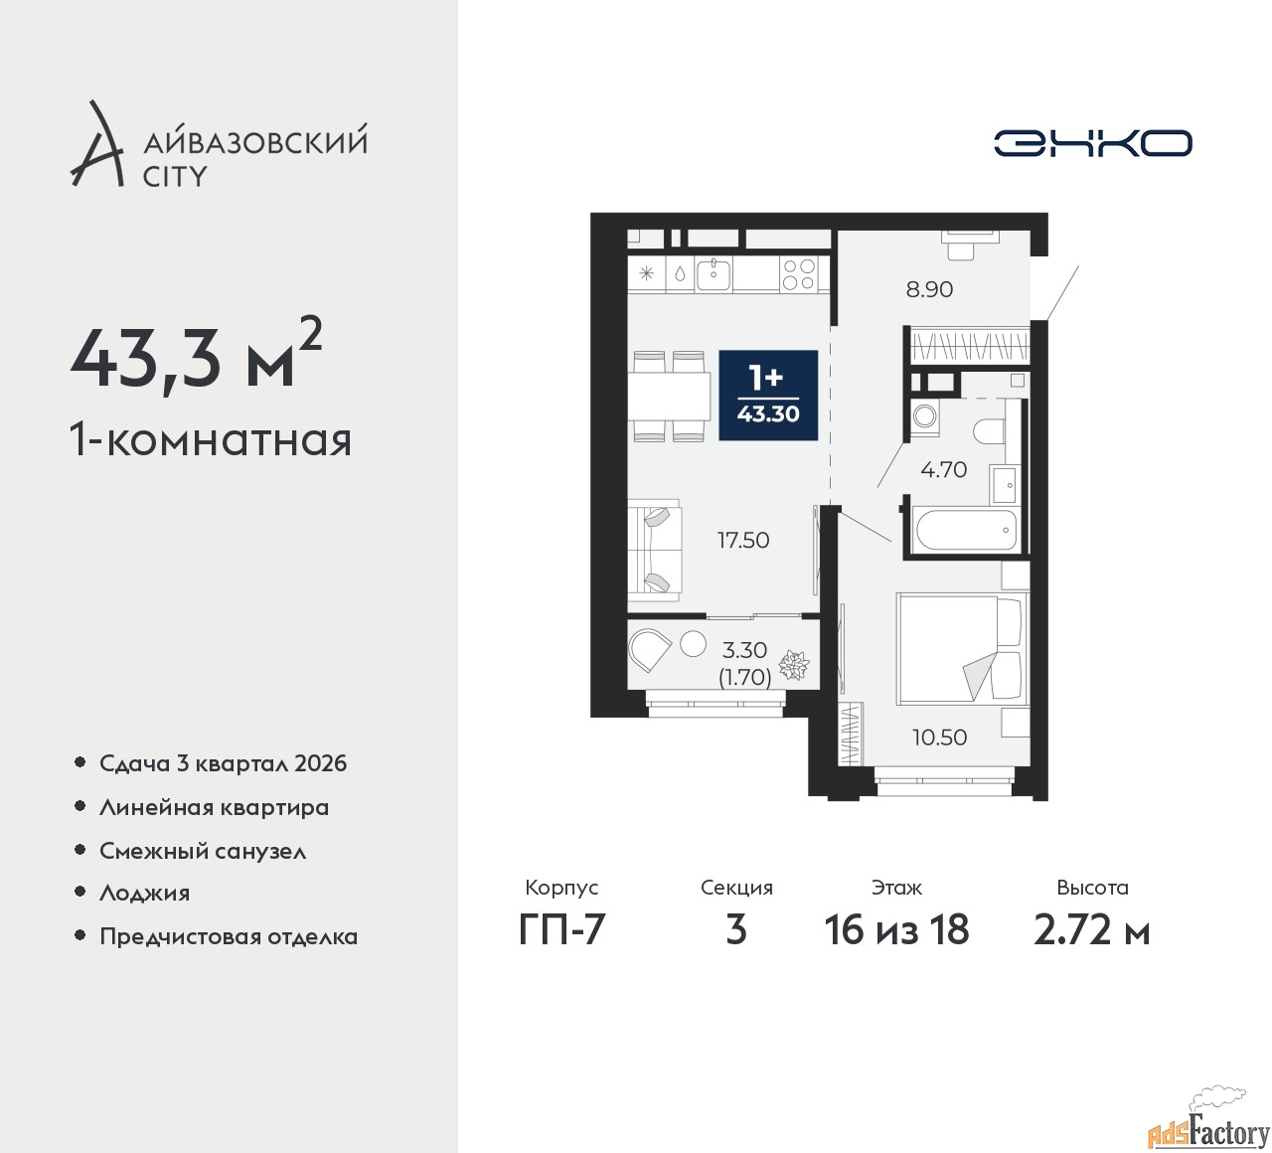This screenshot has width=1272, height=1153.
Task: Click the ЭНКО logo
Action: coord(1092,143)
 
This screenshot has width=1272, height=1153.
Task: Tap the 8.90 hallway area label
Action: coord(929,289)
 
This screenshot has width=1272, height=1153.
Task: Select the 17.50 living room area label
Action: coord(742,540)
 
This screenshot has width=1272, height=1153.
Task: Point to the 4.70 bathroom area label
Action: coord(943,469)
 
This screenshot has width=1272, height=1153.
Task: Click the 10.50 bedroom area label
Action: coord(939,737)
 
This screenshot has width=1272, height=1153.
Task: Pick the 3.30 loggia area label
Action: coord(744,650)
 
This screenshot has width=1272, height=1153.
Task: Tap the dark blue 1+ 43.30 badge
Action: coord(768,396)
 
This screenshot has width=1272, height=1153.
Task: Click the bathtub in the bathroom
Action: coord(966,530)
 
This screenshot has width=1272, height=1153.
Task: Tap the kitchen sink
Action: coord(714,274)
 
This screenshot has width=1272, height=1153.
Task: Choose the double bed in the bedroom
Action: coord(962,648)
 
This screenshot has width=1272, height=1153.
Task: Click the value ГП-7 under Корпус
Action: coord(561,929)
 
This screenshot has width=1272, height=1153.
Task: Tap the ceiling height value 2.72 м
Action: coord(1091,929)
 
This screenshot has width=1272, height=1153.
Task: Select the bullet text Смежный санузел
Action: coord(203,851)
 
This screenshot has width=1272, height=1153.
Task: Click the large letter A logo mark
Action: coord(96,143)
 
